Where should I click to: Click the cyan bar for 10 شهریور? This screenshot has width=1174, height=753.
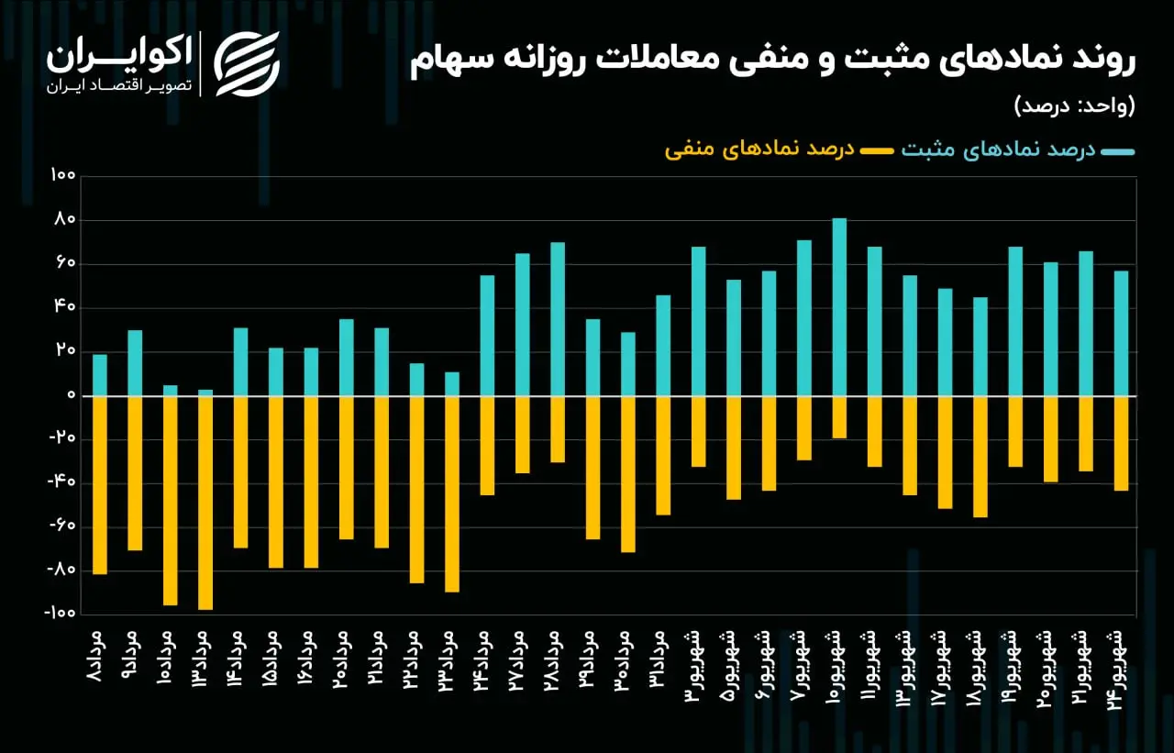(x=839, y=306)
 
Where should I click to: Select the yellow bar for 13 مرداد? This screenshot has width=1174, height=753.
(x=205, y=503)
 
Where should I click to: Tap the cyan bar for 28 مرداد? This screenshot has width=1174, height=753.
(x=558, y=318)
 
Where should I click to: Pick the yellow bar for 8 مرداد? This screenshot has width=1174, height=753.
(x=100, y=485)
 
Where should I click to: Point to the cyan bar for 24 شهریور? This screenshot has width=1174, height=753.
(x=1121, y=333)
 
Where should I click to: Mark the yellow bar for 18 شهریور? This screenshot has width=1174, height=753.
(x=980, y=457)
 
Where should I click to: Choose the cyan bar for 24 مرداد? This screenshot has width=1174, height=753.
(x=487, y=336)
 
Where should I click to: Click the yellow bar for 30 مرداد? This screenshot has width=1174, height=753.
(x=628, y=474)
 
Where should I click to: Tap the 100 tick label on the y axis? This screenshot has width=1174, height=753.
(x=63, y=175)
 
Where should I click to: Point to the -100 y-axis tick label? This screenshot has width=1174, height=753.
(x=61, y=613)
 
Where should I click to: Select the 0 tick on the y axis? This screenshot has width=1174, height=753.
(x=72, y=394)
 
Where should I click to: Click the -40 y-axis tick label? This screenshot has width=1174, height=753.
(x=62, y=482)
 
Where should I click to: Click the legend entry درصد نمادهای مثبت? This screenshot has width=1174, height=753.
(x=1018, y=149)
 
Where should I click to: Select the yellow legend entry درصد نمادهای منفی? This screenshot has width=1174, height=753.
(x=779, y=149)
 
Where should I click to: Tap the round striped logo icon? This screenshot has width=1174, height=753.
(x=247, y=64)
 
